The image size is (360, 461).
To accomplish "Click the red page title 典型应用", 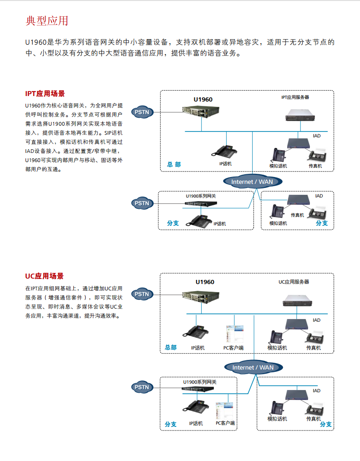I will (x=47, y=21).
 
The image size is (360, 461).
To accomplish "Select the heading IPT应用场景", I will (x=45, y=94).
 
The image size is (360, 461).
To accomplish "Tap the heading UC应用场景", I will (x=44, y=276).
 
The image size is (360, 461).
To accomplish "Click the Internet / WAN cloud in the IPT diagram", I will (x=253, y=182).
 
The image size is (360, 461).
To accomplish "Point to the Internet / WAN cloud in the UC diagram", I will (x=253, y=367).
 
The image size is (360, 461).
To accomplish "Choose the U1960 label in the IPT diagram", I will (x=203, y=99).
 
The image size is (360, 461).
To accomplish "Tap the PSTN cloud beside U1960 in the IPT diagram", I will (x=142, y=112).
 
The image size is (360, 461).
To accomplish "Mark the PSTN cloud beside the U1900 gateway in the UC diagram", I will (x=142, y=387).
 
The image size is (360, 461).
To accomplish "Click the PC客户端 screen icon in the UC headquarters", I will (x=235, y=334).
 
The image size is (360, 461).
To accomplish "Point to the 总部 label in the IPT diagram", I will (x=174, y=164).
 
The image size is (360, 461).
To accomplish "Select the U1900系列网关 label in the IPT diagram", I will (x=201, y=196).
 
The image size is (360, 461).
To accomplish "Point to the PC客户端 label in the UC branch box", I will (x=225, y=423).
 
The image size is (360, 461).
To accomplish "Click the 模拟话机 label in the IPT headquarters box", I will (x=278, y=166).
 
